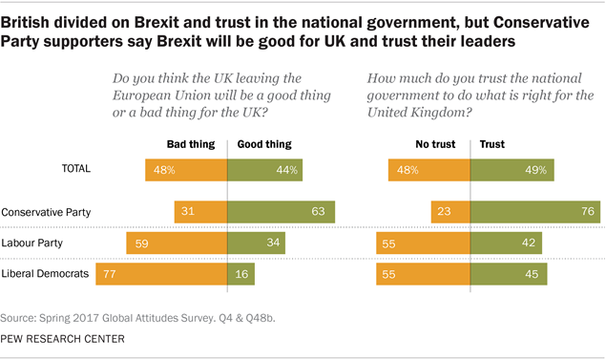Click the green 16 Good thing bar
[240, 274]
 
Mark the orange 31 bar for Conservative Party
[200, 211]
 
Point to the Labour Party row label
[35, 244]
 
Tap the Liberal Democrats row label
[46, 274]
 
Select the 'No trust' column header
[437, 144]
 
